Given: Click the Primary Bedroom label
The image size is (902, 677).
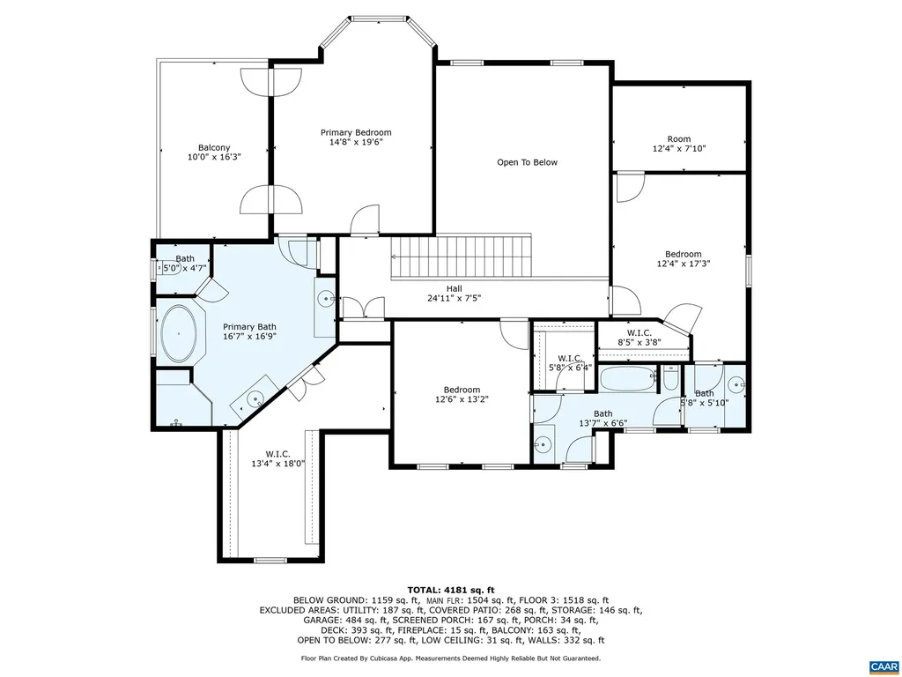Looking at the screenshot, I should tap(355, 132).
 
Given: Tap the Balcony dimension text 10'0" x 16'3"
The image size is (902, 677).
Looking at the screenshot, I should tap(214, 157).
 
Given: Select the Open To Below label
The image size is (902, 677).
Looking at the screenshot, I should tap(527, 162).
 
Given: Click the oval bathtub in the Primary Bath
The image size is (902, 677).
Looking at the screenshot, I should tap(180, 335).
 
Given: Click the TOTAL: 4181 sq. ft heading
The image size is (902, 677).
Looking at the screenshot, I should tap(450, 590).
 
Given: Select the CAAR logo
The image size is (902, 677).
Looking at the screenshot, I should tap(882, 666).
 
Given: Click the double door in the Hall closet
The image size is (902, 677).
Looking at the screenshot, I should tap(362, 307).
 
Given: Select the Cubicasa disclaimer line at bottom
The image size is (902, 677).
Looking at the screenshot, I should tap(450, 658).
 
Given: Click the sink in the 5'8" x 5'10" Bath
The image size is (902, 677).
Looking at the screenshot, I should tap(737, 383).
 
